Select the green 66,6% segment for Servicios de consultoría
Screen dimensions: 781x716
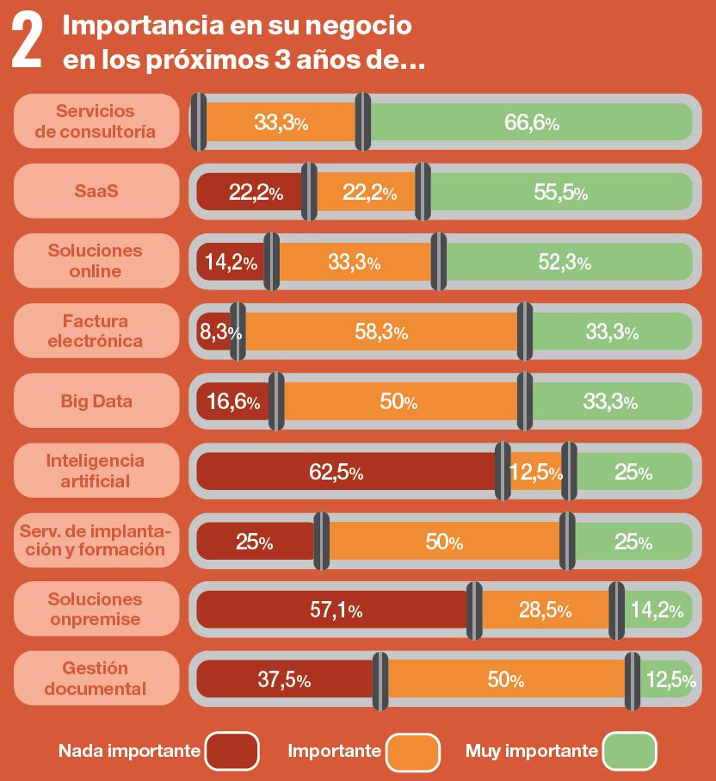pos(531,122)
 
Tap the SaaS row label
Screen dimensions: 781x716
pos(96,192)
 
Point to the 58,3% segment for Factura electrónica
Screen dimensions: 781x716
pos(381,332)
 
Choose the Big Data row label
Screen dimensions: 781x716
pos(96,401)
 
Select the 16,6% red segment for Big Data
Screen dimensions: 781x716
pos(233,401)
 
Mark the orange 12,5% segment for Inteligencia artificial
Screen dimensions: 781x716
pos(535,471)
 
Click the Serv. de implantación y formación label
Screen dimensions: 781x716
pos(96,541)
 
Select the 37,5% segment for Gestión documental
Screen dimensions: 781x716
pos(285,679)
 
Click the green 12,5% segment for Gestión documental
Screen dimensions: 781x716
pos(668,679)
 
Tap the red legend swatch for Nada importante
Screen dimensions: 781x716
pos(231,751)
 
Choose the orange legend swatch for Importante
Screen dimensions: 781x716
pos(413,751)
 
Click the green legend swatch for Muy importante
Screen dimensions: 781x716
pos(630,751)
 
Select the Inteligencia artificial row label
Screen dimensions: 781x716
pos(96,471)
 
